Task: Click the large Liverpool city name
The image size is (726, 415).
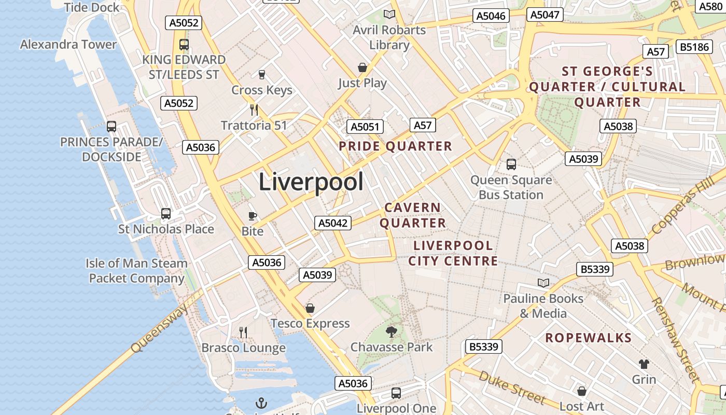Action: pos(311,182)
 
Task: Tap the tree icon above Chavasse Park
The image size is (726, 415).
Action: pos(392,331)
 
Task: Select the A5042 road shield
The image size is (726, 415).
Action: pos(333,223)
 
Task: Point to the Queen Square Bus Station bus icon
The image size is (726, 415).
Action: pos(511,164)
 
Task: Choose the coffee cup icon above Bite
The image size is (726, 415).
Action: pos(253,216)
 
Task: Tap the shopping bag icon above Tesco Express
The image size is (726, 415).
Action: pos(310,308)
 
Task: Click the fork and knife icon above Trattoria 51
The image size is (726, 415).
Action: pos(254,109)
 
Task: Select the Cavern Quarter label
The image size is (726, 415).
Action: pos(413,215)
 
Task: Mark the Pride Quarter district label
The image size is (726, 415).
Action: pos(395,146)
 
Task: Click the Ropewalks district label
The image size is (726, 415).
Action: pos(589,338)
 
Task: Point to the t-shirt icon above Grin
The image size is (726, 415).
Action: pos(644,364)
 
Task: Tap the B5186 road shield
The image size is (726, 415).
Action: pos(694,47)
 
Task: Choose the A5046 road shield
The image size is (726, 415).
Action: pos(491,16)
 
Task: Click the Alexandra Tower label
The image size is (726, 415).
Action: pos(68,45)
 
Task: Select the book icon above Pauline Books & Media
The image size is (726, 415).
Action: pos(543,283)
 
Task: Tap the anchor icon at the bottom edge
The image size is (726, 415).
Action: pos(261,403)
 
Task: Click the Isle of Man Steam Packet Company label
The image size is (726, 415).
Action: pos(136,271)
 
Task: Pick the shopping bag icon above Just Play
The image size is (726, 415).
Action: pos(362,67)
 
